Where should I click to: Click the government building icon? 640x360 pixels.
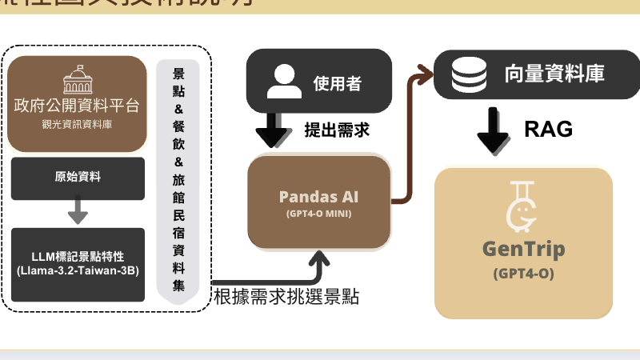[77, 78]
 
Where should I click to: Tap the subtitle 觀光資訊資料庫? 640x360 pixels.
[77, 124]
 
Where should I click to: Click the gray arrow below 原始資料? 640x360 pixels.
[78, 210]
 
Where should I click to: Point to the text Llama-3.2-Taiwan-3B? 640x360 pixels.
[78, 273]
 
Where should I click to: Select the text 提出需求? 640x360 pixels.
[337, 130]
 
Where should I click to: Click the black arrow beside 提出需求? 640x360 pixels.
[274, 130]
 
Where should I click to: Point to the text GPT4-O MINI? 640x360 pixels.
[318, 214]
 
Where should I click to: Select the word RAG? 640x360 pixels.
[549, 130]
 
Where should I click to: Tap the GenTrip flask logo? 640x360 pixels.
[522, 206]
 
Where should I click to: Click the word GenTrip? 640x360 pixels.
[523, 249]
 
